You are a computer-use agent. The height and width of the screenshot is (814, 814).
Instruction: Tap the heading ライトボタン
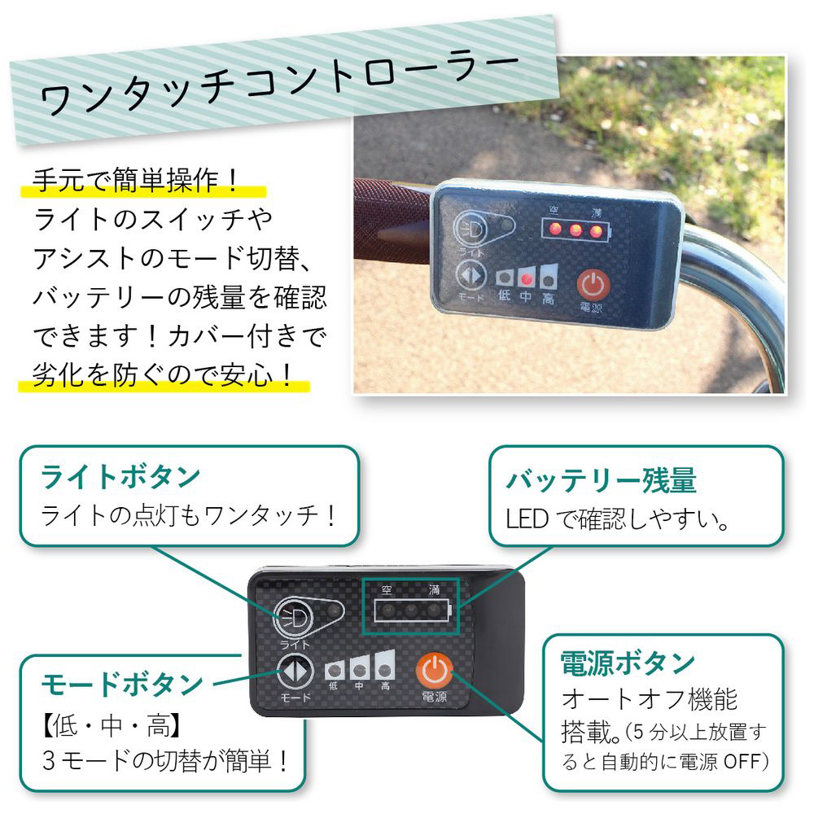click(120, 476)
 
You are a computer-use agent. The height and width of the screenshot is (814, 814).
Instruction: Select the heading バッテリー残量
click(602, 480)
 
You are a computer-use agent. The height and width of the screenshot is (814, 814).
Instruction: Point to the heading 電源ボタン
click(628, 663)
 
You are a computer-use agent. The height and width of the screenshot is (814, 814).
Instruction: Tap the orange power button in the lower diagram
click(434, 670)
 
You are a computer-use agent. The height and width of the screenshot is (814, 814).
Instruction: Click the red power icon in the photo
click(593, 285)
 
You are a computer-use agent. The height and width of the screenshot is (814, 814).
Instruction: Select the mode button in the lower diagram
click(295, 671)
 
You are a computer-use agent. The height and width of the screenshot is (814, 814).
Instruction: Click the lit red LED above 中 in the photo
click(527, 280)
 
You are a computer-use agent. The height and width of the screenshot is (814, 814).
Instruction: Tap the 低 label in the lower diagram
click(333, 685)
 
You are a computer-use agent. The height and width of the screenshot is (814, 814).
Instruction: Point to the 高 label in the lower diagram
click(385, 685)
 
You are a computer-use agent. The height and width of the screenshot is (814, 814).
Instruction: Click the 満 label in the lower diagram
click(434, 589)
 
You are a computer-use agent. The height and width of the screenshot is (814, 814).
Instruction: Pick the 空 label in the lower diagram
click(387, 589)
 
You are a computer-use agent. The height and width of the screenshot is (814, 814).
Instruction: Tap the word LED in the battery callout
click(527, 519)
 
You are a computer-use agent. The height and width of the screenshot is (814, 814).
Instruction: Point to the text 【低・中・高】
click(112, 725)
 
